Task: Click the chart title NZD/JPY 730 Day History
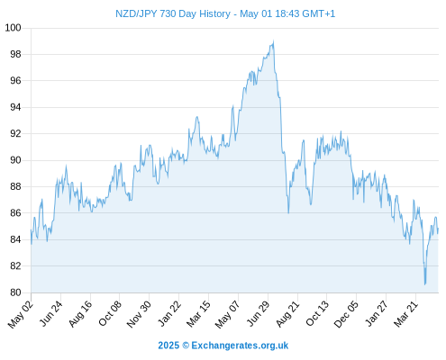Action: click(173, 13)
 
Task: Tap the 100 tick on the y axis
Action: click(13, 28)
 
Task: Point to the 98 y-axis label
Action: click(15, 54)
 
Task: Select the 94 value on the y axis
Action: click(15, 107)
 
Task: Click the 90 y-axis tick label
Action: click(15, 160)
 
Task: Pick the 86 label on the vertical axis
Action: click(15, 213)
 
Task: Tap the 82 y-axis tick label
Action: click(15, 265)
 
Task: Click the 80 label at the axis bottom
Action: click(15, 292)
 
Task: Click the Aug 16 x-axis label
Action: click(80, 314)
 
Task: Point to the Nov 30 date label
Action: click(139, 314)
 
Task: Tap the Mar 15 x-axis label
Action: click(198, 314)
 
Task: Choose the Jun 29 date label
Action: click(258, 314)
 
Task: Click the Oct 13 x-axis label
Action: click(317, 314)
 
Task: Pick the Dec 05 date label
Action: click(346, 314)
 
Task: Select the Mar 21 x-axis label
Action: click(405, 314)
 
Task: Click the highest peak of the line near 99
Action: click(273, 40)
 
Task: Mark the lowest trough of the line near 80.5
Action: click(425, 284)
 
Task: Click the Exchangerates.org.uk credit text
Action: click(240, 346)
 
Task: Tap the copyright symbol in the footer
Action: click(186, 346)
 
